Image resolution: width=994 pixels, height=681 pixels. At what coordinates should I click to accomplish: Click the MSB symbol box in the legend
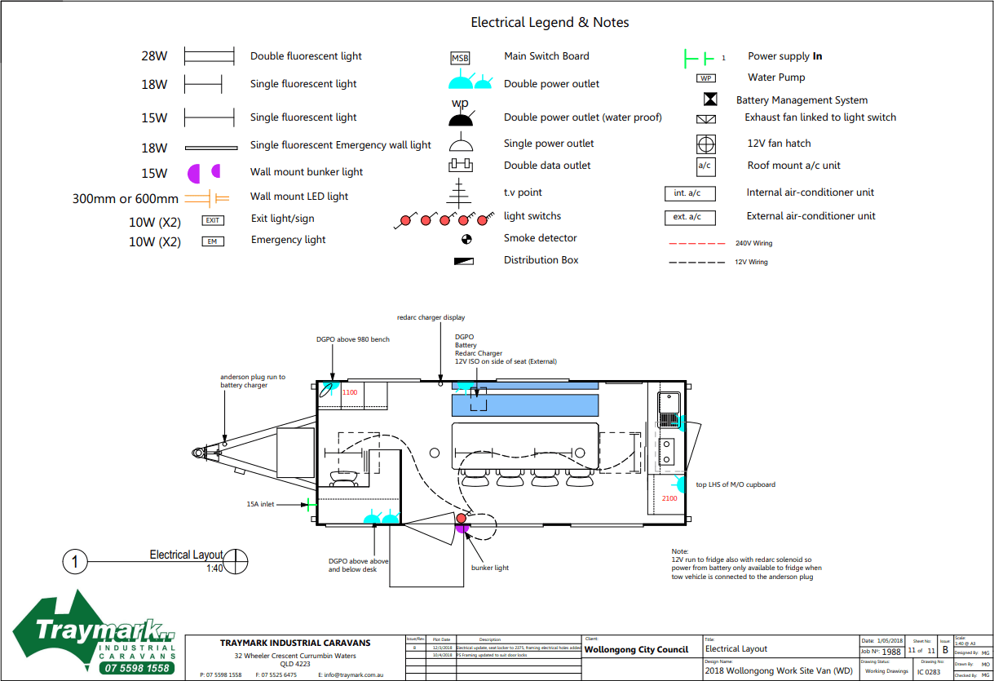click(x=461, y=58)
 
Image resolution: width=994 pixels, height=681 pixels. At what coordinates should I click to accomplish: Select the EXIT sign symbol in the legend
click(x=213, y=220)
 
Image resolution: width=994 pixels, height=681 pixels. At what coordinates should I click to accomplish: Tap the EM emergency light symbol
click(x=213, y=241)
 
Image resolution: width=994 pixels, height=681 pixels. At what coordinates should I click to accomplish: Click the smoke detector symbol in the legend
click(x=466, y=239)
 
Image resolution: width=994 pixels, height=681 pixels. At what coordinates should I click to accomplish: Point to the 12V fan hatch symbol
click(x=705, y=144)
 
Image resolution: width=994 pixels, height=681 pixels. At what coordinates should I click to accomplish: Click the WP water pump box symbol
click(x=705, y=78)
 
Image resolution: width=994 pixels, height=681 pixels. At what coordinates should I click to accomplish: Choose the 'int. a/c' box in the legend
click(x=689, y=193)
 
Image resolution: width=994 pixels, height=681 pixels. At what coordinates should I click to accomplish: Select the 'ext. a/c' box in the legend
click(x=689, y=217)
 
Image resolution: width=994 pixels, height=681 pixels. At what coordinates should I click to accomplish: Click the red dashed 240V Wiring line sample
click(x=696, y=243)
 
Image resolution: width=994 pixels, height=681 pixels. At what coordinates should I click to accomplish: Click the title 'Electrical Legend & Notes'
click(x=550, y=23)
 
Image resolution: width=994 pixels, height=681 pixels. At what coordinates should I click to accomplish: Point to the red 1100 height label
click(x=350, y=392)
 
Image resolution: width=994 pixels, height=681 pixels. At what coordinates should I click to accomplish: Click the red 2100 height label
click(x=669, y=498)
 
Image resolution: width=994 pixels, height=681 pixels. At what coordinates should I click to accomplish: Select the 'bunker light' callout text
click(x=490, y=568)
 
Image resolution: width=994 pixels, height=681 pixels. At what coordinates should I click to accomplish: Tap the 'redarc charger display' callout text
click(x=431, y=317)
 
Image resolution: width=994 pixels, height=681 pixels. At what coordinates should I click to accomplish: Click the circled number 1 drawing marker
click(x=75, y=562)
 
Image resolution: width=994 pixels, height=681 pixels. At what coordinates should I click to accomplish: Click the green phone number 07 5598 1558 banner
click(x=138, y=668)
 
